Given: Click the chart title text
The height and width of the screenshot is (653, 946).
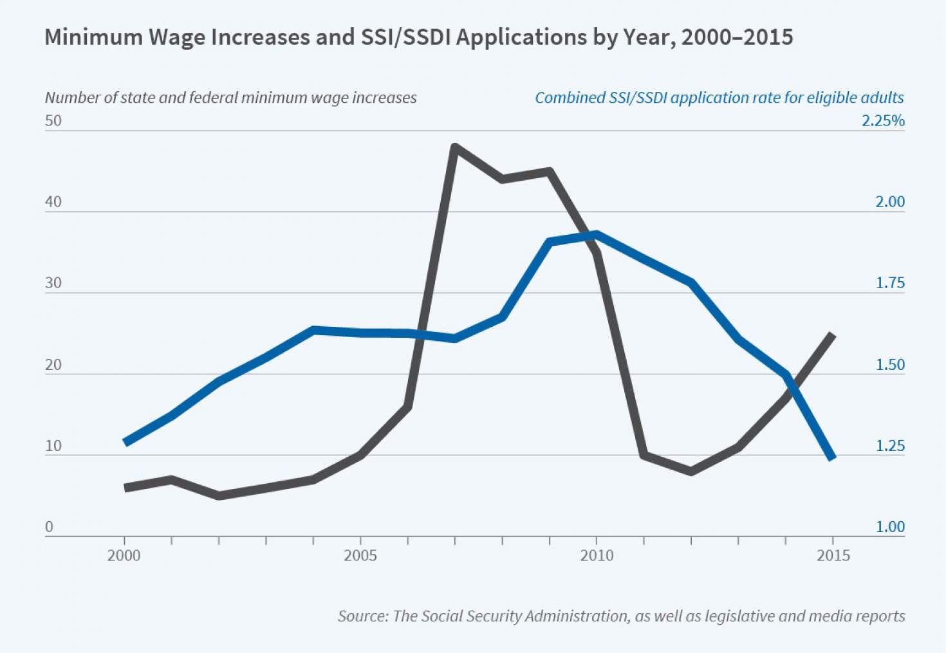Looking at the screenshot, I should pos(418,37).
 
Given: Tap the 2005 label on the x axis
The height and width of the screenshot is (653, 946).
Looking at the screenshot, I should pos(360,555).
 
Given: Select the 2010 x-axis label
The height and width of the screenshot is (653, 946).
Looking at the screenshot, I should pos(597,555).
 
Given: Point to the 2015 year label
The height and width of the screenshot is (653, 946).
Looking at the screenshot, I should pos(833,555).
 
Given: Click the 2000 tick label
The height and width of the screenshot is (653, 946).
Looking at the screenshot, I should pos(124,555).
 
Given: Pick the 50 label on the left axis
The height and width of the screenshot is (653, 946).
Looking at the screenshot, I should pos(53,121).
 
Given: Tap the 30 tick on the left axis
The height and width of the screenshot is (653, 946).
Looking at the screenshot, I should pos(53,283).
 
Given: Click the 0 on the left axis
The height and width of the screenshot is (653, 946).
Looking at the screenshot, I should pos(49,527).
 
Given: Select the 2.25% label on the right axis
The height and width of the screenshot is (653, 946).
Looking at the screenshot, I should pos(883,121).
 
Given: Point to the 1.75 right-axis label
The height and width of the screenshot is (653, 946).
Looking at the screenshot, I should pos(890,283).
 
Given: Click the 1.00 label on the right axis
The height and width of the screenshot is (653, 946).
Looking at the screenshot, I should pos(890,527).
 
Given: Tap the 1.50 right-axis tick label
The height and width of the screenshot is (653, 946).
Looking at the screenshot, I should pos(890,365).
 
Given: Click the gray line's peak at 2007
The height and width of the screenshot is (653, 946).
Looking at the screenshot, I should pos(455,147).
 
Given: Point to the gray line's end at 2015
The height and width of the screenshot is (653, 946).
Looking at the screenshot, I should pos(833,335).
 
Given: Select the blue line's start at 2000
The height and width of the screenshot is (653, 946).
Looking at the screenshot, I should pos(125,443).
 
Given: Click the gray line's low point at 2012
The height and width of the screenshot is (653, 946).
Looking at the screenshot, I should pos(691,472).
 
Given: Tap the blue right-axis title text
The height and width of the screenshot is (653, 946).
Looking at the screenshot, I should pos(719,98).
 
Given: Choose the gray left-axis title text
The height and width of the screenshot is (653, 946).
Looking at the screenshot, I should pos(230,98).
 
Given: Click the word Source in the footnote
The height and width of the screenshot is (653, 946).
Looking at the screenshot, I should pos(362,616).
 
